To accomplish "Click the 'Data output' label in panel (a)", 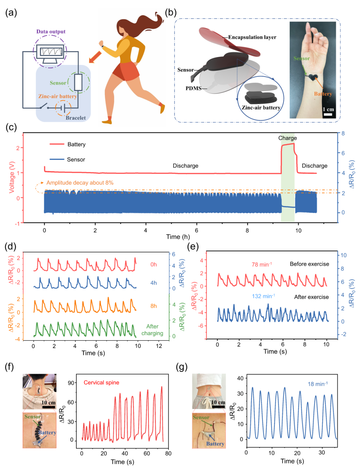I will tap(51, 32).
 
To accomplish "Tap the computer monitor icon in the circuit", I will tap(51, 53).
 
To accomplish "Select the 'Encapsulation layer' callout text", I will tap(252, 37).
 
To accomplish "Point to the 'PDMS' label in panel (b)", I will tap(193, 88).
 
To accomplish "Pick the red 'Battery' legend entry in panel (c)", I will tap(76, 144).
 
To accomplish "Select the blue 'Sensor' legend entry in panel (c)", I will tap(76, 160).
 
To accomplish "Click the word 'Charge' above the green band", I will tap(287, 138).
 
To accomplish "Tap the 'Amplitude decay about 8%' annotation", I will tap(80, 183).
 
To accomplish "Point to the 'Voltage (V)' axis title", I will tap(12, 177).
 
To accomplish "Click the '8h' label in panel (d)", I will tap(153, 306).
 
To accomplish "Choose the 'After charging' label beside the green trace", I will tap(152, 330).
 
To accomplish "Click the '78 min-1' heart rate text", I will tap(262, 264).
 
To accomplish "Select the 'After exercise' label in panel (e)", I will tap(311, 297).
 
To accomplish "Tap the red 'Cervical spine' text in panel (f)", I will tap(101, 382).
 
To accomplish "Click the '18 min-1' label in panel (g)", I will tap(317, 384).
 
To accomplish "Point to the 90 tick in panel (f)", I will tap(71, 383).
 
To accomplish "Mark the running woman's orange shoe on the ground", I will tap(107, 122).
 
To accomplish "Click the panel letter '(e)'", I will tap(193, 246).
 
